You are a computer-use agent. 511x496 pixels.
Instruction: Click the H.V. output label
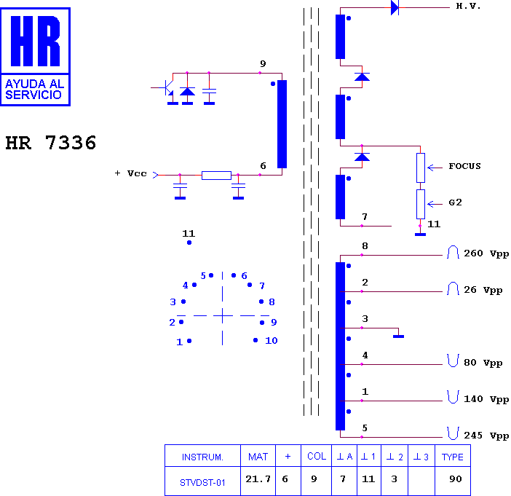pyautogui.click(x=468, y=7)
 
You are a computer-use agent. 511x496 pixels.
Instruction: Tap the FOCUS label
pyautogui.click(x=464, y=166)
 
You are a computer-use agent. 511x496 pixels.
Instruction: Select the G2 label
pyautogui.click(x=455, y=202)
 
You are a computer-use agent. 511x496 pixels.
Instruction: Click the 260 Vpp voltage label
pyautogui.click(x=486, y=253)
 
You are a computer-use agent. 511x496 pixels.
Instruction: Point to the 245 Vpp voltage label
pyautogui.click(x=486, y=436)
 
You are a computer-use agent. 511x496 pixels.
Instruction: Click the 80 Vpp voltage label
pyautogui.click(x=483, y=363)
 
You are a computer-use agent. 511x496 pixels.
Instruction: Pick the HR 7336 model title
pyautogui.click(x=51, y=143)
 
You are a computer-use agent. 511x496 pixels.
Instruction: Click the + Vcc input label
pyautogui.click(x=131, y=173)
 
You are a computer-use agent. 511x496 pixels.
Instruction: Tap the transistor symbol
pyautogui.click(x=167, y=87)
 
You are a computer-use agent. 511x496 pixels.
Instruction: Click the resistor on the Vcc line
pyautogui.click(x=216, y=176)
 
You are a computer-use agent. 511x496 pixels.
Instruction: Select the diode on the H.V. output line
pyautogui.click(x=395, y=7)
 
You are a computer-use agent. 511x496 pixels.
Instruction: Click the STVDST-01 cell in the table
pyautogui.click(x=202, y=483)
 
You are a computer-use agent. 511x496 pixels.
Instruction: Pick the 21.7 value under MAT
pyautogui.click(x=258, y=479)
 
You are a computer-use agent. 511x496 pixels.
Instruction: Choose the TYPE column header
pyautogui.click(x=452, y=457)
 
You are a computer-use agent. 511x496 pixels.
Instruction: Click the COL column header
pyautogui.click(x=317, y=456)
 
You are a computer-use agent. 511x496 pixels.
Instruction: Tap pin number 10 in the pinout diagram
pyautogui.click(x=271, y=341)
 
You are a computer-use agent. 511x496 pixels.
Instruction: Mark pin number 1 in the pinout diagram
pyautogui.click(x=179, y=342)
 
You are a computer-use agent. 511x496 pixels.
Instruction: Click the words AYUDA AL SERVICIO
pyautogui.click(x=34, y=90)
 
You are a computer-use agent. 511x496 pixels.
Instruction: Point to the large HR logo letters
pyautogui.click(x=36, y=41)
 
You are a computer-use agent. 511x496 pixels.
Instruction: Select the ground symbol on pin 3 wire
pyautogui.click(x=398, y=336)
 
